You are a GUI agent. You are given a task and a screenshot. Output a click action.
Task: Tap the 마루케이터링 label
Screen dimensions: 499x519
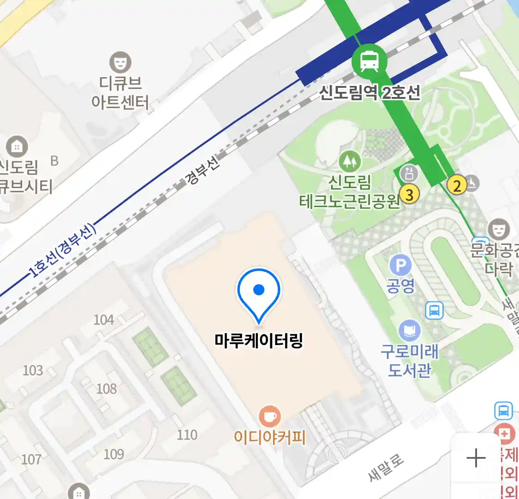[x=259, y=341]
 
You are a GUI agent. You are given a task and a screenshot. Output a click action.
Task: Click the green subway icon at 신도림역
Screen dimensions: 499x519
[x=369, y=61]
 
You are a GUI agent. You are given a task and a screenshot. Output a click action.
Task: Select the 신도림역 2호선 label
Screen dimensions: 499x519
[x=370, y=93]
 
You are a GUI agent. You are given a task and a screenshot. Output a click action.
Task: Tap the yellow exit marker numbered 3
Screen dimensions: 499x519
[x=409, y=194]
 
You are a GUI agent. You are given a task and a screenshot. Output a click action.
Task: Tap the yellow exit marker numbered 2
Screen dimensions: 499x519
[x=457, y=186]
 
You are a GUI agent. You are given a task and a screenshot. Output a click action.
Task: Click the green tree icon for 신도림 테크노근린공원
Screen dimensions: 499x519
[x=350, y=161]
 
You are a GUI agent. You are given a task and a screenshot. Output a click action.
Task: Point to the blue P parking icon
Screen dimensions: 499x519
[x=400, y=266]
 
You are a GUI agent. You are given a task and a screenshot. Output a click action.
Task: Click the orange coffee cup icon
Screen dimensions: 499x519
[x=270, y=416]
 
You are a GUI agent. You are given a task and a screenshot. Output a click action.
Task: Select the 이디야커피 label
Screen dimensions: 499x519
[x=270, y=437]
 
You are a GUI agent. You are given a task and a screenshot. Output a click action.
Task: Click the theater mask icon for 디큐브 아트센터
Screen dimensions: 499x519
[x=120, y=62]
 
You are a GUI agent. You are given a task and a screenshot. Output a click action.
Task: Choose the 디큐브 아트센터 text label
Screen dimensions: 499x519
[x=120, y=93]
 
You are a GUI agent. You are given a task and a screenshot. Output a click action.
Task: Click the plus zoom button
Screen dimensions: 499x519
[x=476, y=458]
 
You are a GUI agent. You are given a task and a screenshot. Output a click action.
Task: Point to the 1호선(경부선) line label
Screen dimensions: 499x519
[x=63, y=250]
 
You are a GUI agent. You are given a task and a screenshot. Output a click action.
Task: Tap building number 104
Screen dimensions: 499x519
[x=104, y=320]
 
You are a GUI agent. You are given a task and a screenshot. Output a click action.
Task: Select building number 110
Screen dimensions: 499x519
[x=187, y=435]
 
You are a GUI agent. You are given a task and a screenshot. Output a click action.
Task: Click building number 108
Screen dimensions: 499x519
[x=106, y=389]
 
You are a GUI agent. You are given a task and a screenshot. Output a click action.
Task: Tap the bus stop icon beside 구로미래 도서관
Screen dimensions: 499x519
[x=434, y=310]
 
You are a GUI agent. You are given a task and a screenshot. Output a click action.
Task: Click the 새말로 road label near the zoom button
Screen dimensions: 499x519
[x=386, y=467]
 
